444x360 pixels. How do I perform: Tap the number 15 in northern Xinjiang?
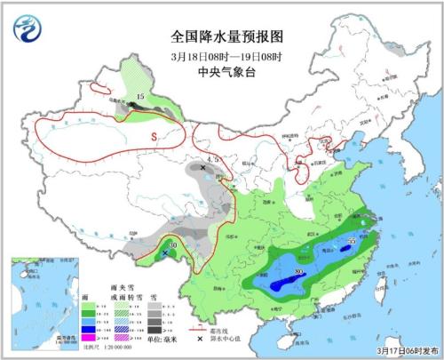[x=139, y=95]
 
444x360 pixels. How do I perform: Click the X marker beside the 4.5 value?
[x=202, y=167]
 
